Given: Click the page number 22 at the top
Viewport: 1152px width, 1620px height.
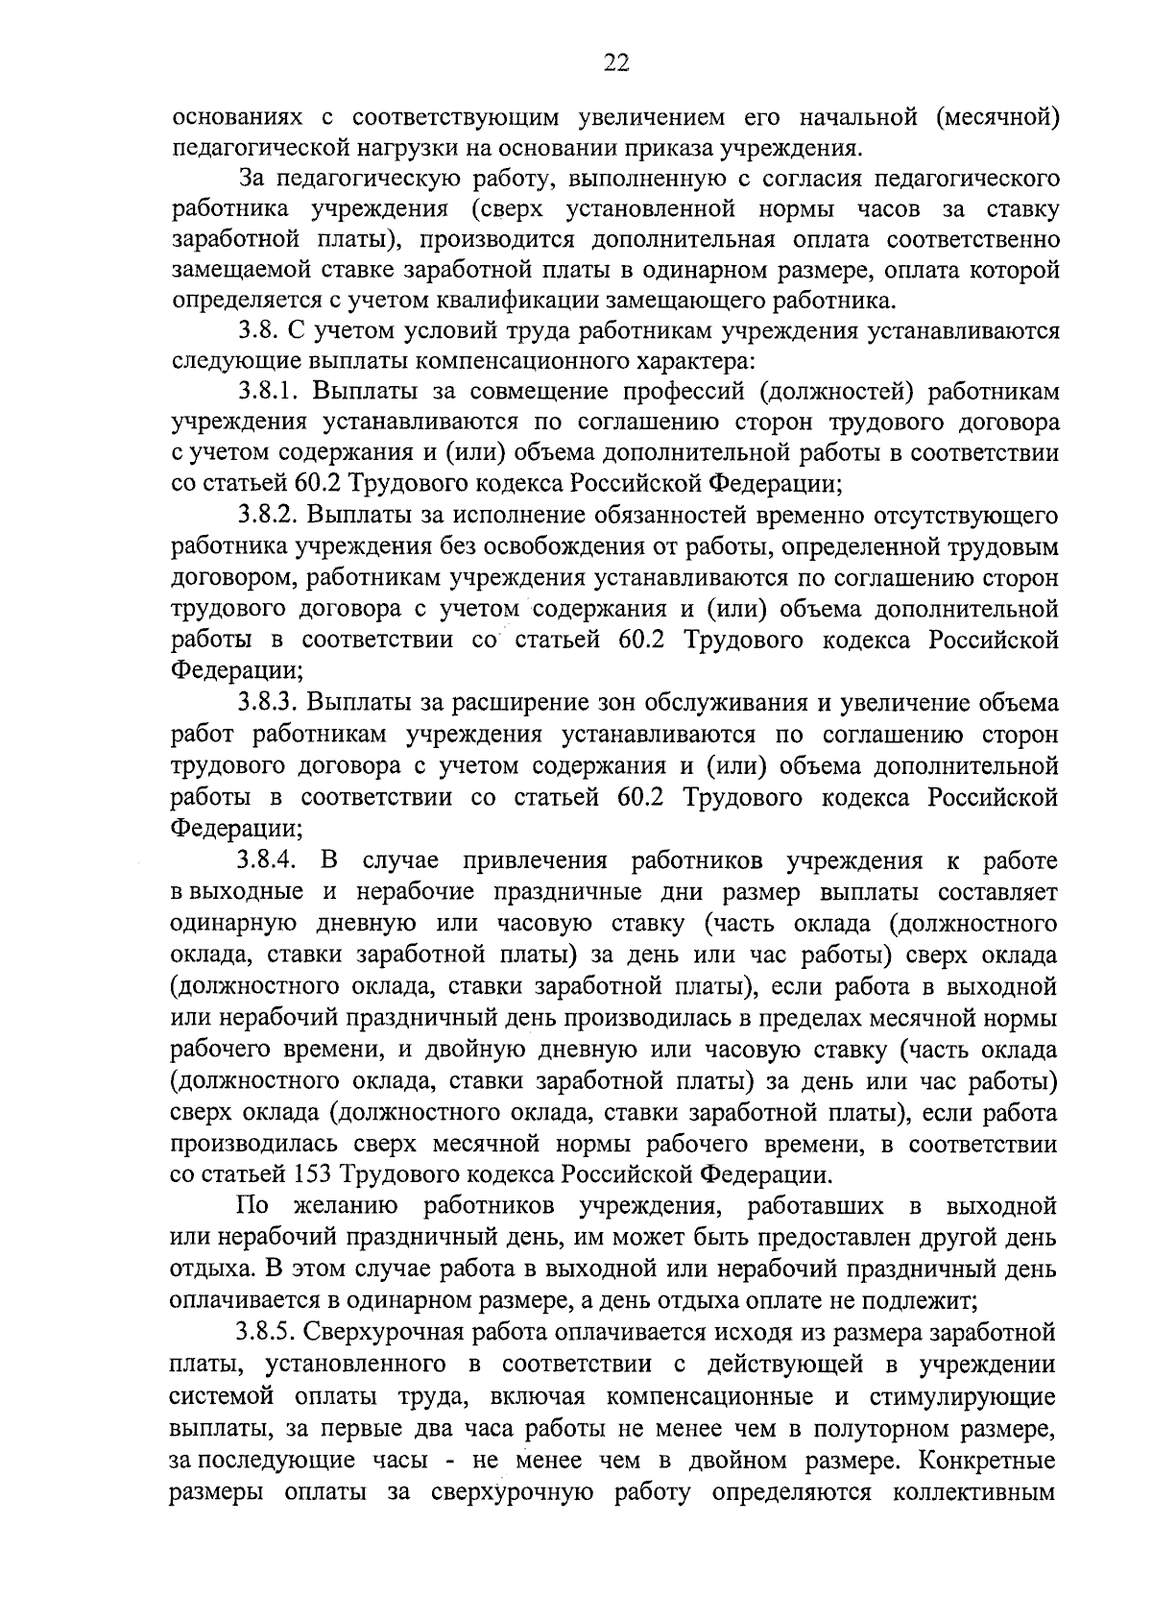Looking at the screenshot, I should [x=615, y=62].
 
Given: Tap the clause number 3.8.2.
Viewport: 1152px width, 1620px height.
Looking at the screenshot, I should [x=271, y=517].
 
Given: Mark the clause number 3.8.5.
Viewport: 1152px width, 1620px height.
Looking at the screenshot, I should [x=271, y=1333].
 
